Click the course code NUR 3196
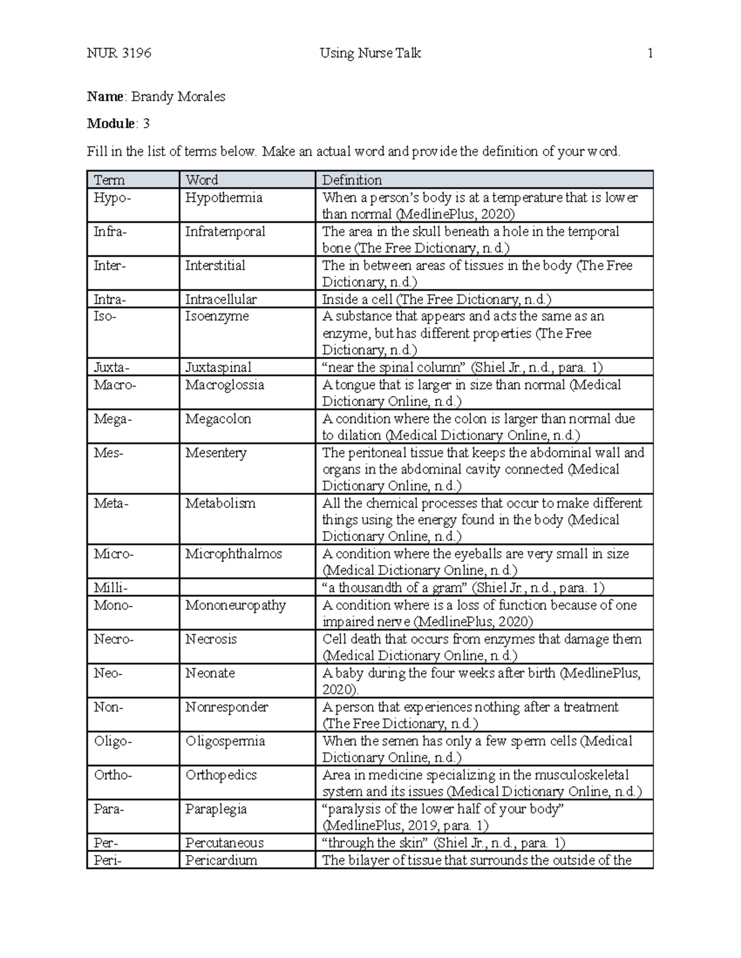coord(119,53)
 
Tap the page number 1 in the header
coord(650,53)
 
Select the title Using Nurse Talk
coord(371,53)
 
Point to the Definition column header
coord(352,180)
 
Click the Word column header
coord(202,180)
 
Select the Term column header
coord(109,180)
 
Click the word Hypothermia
coord(224,198)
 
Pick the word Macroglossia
coord(225,385)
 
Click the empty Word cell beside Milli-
coord(247,587)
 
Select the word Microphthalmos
coord(233,554)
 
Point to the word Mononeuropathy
coord(235,605)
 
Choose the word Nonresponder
coord(227,707)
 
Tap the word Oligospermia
coord(225,741)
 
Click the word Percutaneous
coord(224,843)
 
